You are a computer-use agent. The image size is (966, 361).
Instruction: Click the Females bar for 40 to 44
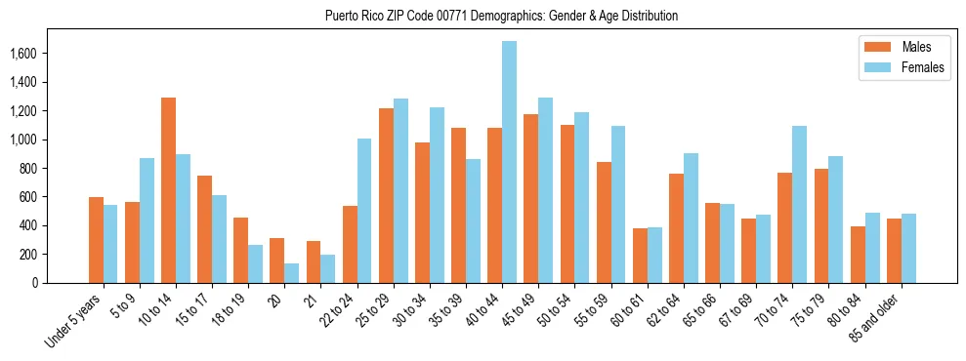pos(510,162)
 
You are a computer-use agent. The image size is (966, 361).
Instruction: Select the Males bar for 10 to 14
pos(168,190)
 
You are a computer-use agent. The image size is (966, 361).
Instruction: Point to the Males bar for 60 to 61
pos(640,256)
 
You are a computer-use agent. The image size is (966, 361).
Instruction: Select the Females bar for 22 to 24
pos(364,211)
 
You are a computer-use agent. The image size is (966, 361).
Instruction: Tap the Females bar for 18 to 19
pos(256,263)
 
